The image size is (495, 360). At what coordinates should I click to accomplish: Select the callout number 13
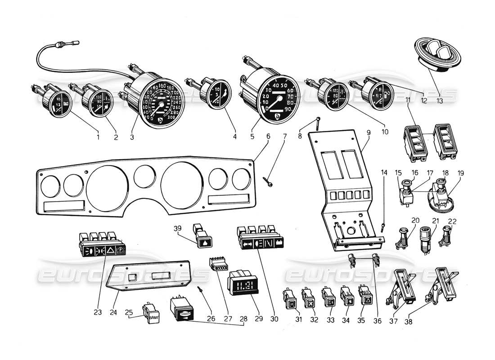[439, 101]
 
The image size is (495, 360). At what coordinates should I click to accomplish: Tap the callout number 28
[243, 319]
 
